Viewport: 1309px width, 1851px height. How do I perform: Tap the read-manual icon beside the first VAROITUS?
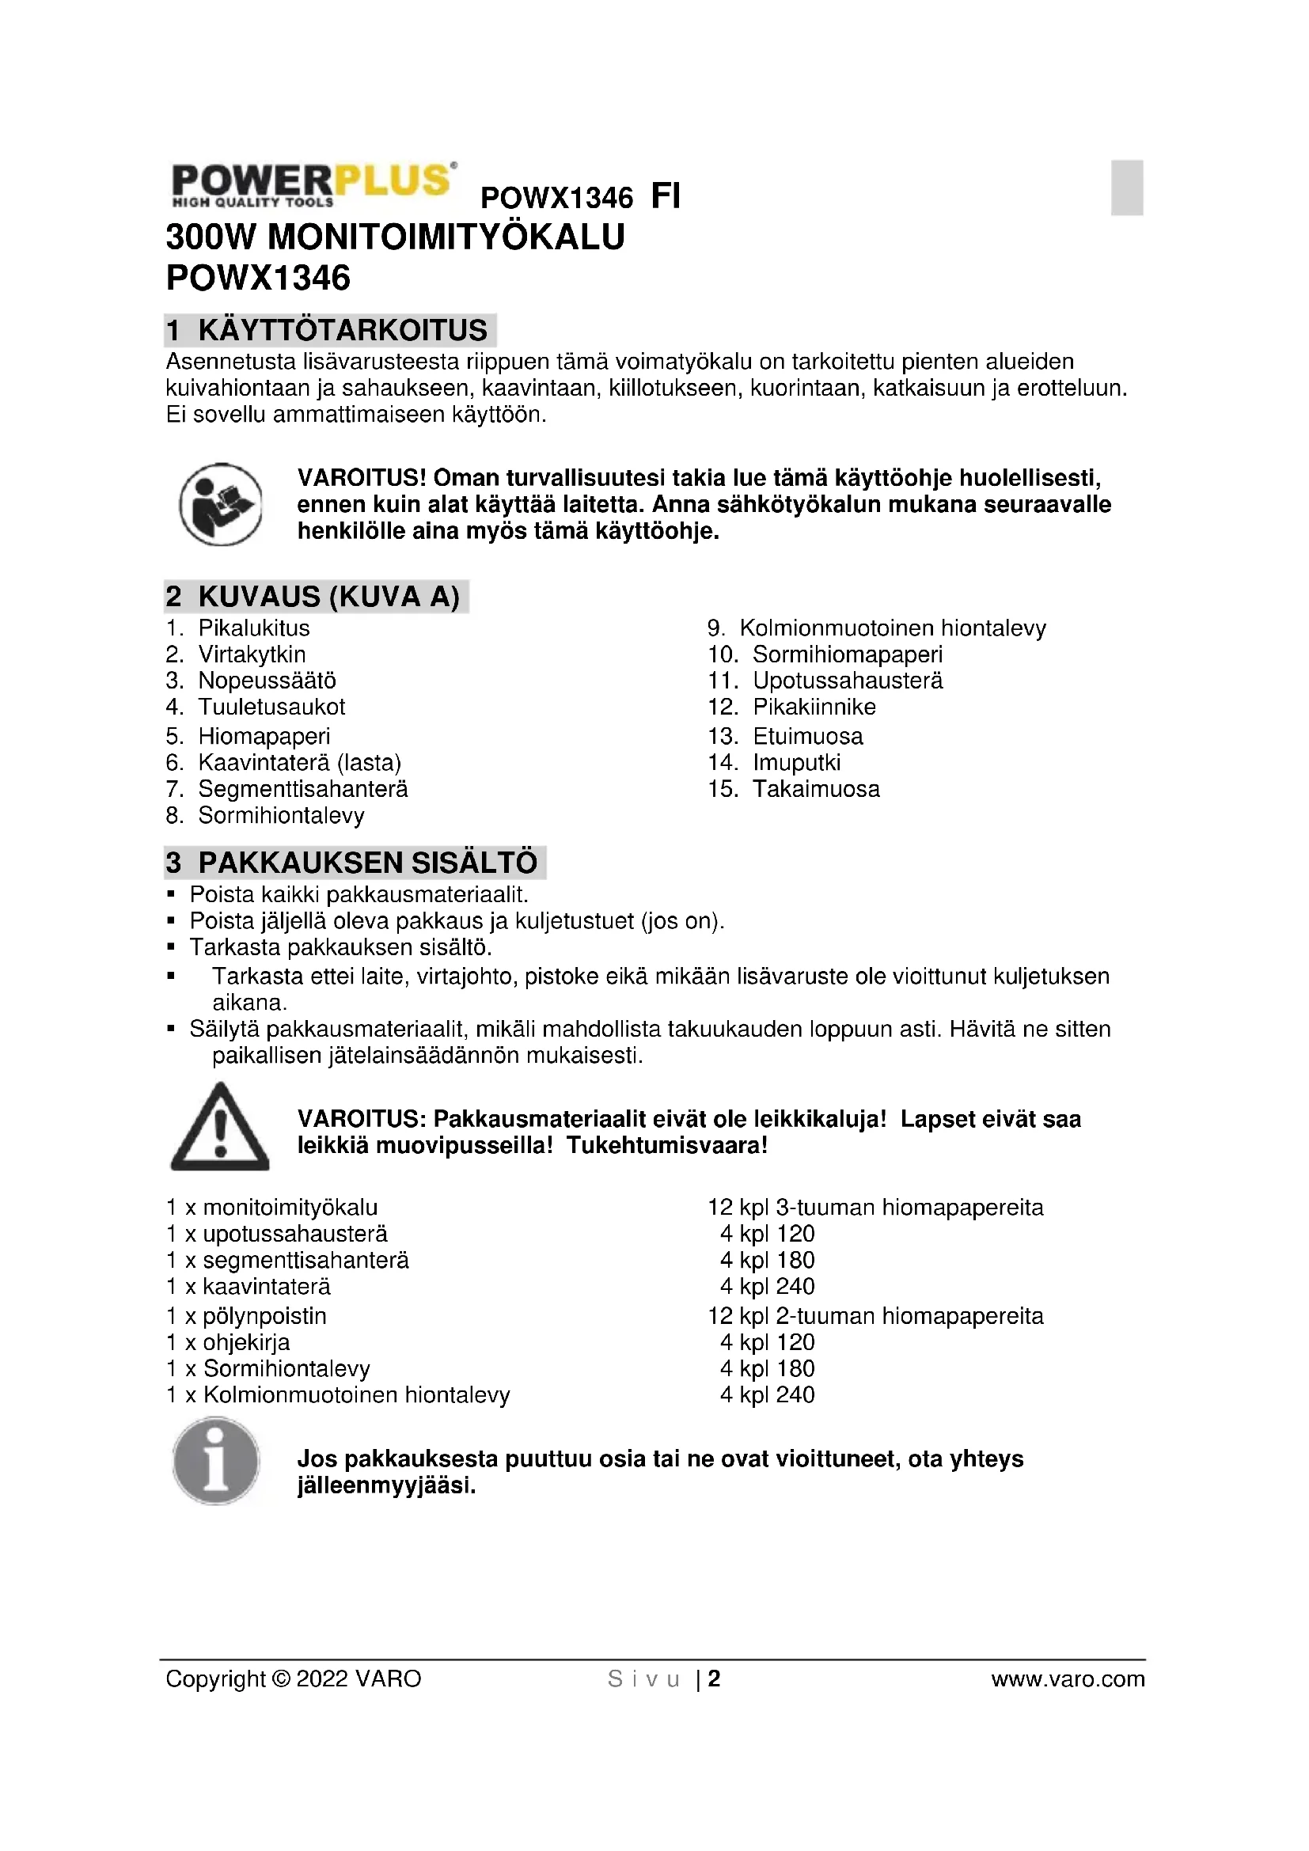pyautogui.click(x=220, y=504)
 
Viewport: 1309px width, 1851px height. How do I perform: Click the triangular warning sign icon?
pyautogui.click(x=220, y=1128)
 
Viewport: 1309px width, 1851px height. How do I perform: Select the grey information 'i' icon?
pyautogui.click(x=216, y=1462)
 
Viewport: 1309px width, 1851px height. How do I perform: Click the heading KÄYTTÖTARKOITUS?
pyautogui.click(x=343, y=331)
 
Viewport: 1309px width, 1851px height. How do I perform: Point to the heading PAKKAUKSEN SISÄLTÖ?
pyautogui.click(x=367, y=863)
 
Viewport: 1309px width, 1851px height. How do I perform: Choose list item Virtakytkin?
pyautogui.click(x=252, y=654)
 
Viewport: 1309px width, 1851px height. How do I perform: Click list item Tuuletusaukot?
pyautogui.click(x=271, y=707)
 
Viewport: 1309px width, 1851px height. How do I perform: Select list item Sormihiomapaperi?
pyautogui.click(x=847, y=654)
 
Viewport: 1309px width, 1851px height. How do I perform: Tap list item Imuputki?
pyautogui.click(x=796, y=763)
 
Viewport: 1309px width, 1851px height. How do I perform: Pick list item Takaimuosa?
pyautogui.click(x=816, y=789)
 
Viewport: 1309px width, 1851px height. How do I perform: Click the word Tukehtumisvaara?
pyautogui.click(x=667, y=1146)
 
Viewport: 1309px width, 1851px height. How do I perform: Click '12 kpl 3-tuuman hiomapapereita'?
pyautogui.click(x=875, y=1208)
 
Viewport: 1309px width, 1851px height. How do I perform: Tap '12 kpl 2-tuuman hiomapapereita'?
pyautogui.click(x=875, y=1317)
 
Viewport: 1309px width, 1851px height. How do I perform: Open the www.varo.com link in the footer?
pyautogui.click(x=1067, y=1679)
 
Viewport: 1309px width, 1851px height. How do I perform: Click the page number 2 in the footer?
pyautogui.click(x=714, y=1679)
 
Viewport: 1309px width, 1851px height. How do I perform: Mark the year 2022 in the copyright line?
pyautogui.click(x=322, y=1679)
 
